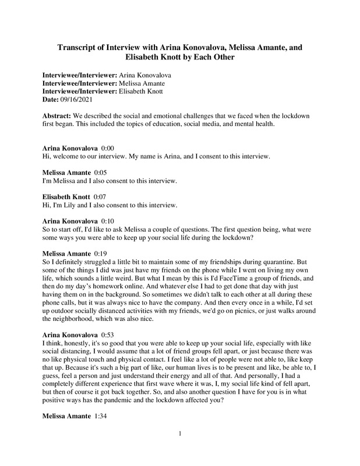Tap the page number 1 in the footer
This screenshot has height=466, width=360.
point(181,450)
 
